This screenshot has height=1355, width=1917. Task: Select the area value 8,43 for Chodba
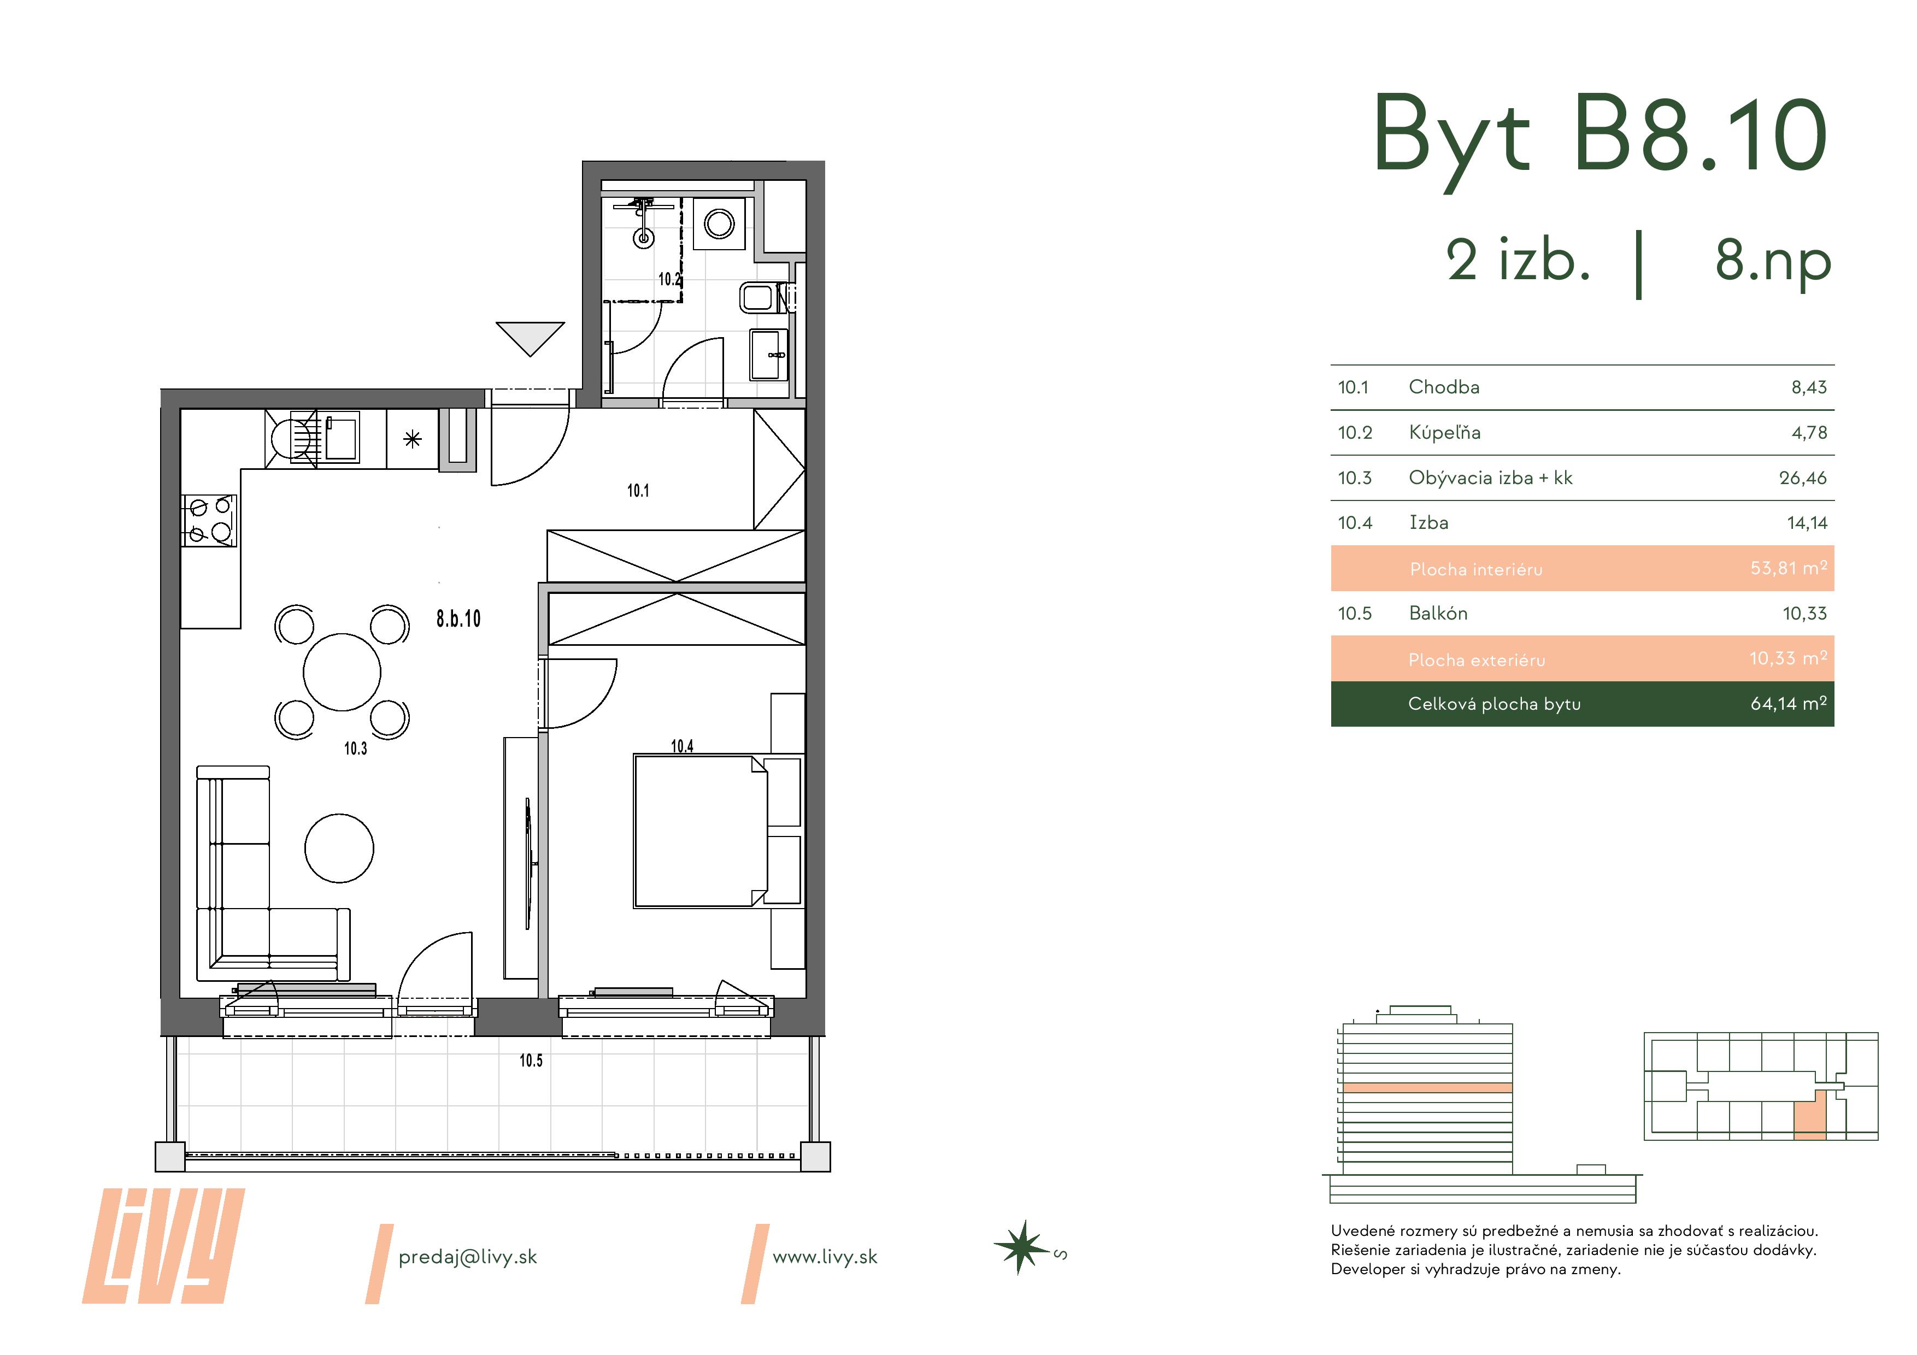(x=1808, y=387)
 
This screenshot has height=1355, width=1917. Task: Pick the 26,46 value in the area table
(x=1803, y=479)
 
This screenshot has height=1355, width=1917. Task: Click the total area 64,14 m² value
(x=1789, y=704)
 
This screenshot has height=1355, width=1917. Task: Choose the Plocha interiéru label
(x=1475, y=569)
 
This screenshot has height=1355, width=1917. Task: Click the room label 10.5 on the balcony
(x=531, y=1061)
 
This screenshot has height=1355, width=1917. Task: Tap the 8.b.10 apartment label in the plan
(x=458, y=618)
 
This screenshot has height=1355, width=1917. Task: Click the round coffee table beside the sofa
(x=339, y=848)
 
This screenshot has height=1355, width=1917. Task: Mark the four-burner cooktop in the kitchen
(x=209, y=520)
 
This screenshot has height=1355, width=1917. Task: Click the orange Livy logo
(x=163, y=1246)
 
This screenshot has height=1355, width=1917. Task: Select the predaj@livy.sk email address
(x=468, y=1257)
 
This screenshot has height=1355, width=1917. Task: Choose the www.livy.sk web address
(x=825, y=1257)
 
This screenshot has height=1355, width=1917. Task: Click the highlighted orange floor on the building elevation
(x=1428, y=1088)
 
